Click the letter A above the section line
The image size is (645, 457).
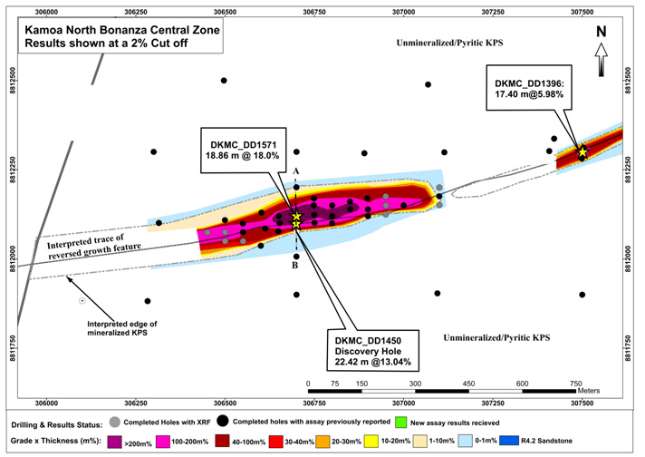pyautogui.click(x=295, y=181)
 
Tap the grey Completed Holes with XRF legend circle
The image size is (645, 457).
pyautogui.click(x=115, y=423)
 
